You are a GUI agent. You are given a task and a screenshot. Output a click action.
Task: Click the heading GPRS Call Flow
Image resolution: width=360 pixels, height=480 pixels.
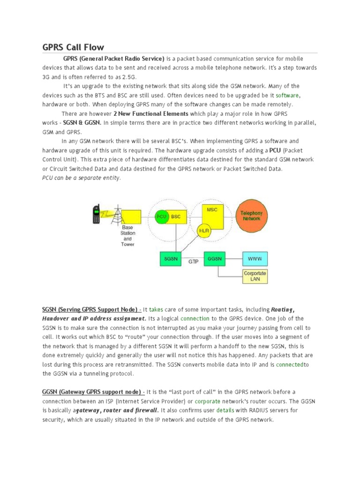tap(73, 47)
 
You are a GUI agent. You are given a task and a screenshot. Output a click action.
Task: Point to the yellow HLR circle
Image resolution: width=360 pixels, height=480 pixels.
tap(204, 231)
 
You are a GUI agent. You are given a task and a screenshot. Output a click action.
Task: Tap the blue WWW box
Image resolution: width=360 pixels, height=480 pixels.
tap(255, 258)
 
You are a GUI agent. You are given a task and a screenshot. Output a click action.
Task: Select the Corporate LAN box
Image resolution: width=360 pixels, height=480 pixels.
tap(255, 276)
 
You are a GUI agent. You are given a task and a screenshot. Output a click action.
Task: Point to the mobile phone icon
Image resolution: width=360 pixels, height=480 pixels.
tap(97, 214)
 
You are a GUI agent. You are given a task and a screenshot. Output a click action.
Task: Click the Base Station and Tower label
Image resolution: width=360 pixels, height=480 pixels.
tap(127, 236)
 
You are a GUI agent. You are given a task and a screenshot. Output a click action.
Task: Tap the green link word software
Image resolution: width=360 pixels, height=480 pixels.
tap(287, 95)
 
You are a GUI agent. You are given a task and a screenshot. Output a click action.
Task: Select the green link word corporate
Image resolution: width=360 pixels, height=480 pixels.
tap(207, 401)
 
